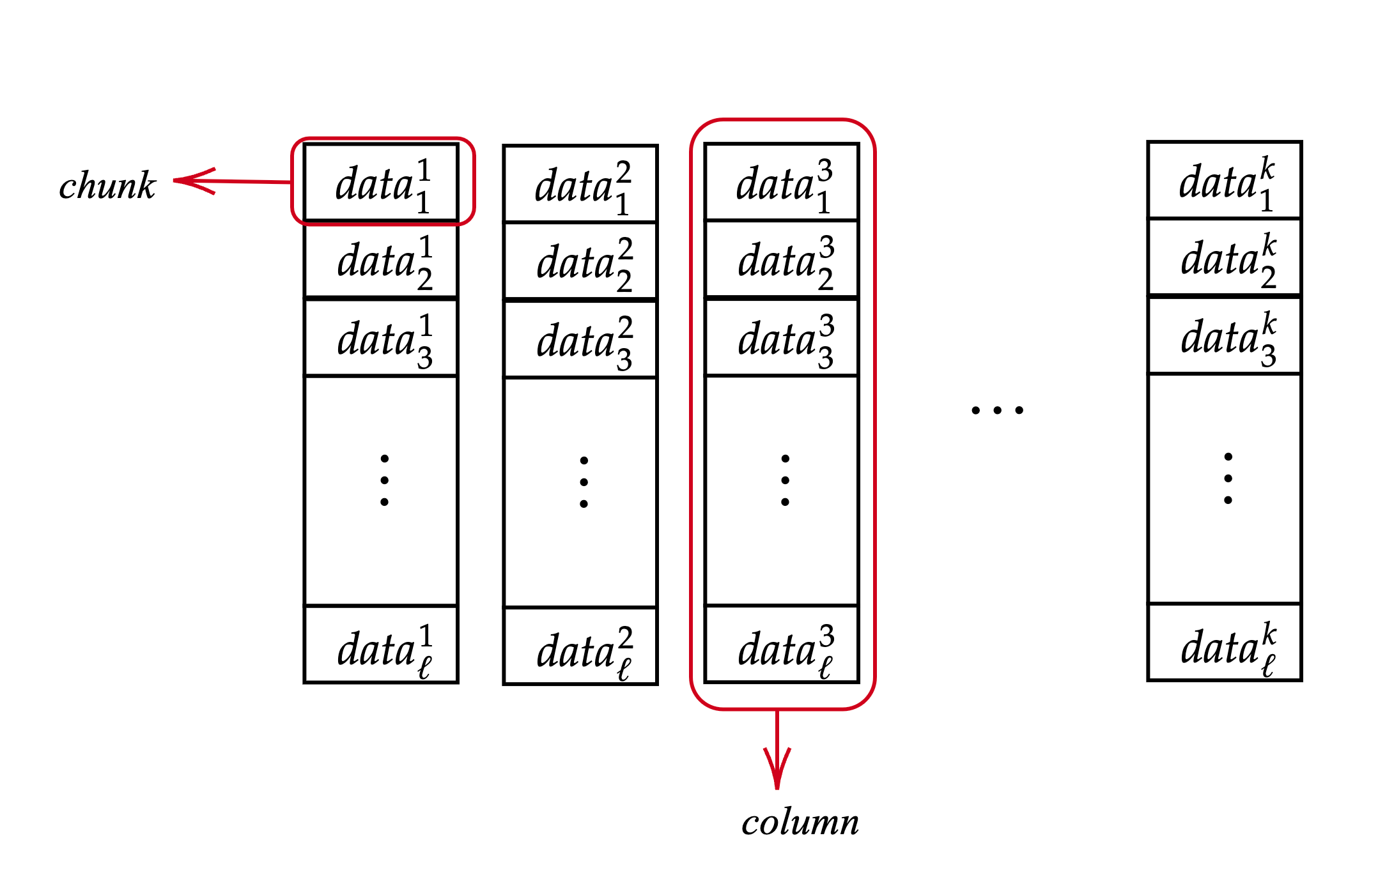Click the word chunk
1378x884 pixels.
pyautogui.click(x=107, y=186)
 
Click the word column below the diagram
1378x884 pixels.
pyautogui.click(x=800, y=822)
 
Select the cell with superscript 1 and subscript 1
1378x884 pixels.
pyautogui.click(x=382, y=183)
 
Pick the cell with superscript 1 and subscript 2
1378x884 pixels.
pyautogui.click(x=382, y=261)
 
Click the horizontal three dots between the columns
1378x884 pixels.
pyautogui.click(x=997, y=410)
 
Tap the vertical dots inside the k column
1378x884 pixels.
pyautogui.click(x=1228, y=478)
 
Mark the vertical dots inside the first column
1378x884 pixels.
pyautogui.click(x=384, y=480)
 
